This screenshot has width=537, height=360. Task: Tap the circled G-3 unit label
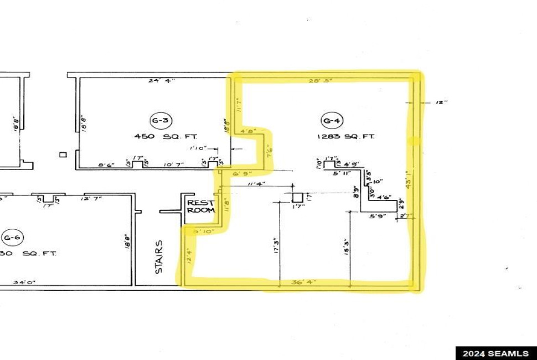(158, 120)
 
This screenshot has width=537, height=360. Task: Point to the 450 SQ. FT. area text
(166, 136)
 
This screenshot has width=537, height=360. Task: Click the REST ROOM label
(200, 206)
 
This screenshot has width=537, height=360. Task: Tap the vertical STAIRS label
(159, 257)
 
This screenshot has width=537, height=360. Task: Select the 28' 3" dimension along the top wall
(321, 80)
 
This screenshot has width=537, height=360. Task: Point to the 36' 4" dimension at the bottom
(304, 282)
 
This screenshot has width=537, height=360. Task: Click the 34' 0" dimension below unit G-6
(25, 282)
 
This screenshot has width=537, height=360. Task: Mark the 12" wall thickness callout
(441, 102)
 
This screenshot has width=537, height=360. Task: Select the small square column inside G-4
(297, 197)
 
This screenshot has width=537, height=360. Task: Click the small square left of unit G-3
(64, 155)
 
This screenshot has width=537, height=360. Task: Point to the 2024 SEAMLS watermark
(495, 353)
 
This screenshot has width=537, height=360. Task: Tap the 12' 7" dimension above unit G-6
(92, 199)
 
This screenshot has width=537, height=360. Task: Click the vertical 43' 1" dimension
(409, 179)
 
